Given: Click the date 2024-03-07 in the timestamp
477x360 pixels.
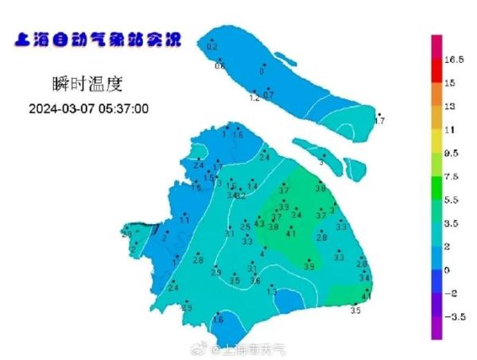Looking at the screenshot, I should [x=62, y=108].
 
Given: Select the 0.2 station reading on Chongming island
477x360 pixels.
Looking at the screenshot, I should [x=211, y=48].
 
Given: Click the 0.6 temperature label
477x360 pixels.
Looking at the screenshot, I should [x=220, y=66].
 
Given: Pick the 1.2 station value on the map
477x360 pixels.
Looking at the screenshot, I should [x=255, y=99].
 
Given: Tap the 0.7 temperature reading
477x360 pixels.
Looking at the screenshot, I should [x=268, y=95].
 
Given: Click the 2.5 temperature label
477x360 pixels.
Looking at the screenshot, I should [x=245, y=227].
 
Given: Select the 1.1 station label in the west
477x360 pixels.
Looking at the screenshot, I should [x=184, y=220].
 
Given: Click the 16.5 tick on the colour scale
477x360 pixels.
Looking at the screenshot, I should [x=454, y=60].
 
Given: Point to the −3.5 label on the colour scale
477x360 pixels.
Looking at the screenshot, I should [x=453, y=317].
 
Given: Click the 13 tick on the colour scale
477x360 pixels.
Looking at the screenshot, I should [x=449, y=106].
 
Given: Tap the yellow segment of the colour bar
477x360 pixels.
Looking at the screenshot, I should [x=436, y=141].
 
